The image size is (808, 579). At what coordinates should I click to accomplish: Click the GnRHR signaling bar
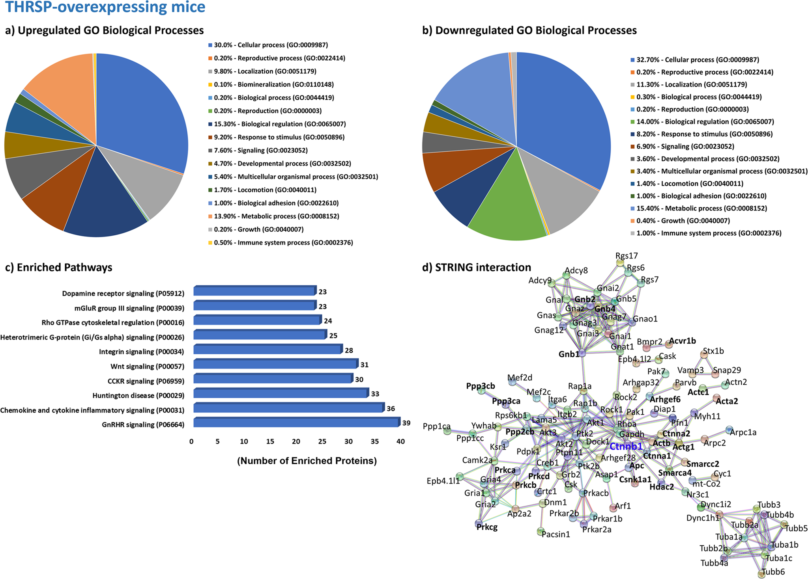point(296,423)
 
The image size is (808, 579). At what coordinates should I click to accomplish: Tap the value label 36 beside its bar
point(391,409)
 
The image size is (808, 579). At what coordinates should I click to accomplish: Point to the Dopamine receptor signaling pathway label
point(123,294)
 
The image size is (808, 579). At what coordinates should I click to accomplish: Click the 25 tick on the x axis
point(322,441)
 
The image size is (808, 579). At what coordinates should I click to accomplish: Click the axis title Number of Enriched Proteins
point(307,461)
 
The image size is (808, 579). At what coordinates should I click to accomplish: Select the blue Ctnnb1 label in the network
point(626,447)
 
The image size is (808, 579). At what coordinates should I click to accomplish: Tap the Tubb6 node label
point(773,572)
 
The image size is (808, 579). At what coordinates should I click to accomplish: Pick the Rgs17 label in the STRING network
point(627,256)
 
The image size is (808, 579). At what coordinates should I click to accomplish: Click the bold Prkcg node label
point(487,527)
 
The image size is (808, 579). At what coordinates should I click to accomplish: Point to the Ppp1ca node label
point(436,426)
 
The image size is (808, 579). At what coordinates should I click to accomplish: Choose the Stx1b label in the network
point(713,351)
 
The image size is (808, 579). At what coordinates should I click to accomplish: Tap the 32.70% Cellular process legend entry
point(698,60)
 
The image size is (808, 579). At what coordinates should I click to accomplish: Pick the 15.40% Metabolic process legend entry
point(701,208)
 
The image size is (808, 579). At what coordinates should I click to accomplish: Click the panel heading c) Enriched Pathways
point(59,267)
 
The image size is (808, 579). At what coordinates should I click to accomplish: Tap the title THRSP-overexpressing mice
point(105,7)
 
